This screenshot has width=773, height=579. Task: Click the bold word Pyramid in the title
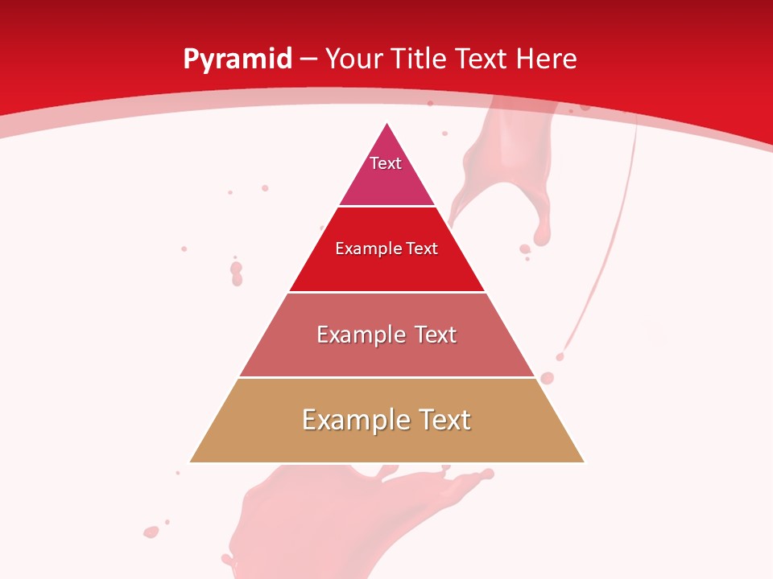point(237,60)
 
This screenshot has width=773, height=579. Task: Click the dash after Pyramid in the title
point(308,60)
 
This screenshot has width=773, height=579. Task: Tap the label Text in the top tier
point(386,163)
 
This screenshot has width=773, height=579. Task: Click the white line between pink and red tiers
point(386,207)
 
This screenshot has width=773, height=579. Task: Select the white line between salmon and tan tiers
point(386,378)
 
